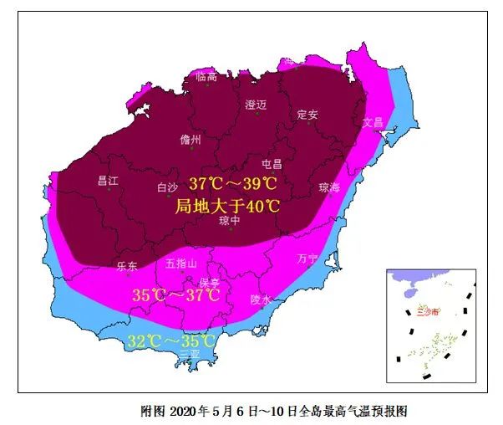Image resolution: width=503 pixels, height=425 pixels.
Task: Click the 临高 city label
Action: pyautogui.click(x=206, y=77)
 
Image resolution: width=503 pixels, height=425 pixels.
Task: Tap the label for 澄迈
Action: pyautogui.click(x=255, y=105)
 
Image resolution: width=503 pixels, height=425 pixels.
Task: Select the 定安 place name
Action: pyautogui.click(x=307, y=115)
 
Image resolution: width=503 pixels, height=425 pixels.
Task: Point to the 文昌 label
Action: pyautogui.click(x=373, y=122)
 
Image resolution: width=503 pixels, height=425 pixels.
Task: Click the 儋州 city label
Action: pyautogui.click(x=191, y=141)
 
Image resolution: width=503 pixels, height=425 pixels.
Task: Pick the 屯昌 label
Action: pyautogui.click(x=272, y=164)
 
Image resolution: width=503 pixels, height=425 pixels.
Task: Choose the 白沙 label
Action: pyautogui.click(x=169, y=187)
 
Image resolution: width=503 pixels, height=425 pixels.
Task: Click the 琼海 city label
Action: pyautogui.click(x=329, y=187)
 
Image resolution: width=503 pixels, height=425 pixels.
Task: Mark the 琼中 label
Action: pyautogui.click(x=230, y=221)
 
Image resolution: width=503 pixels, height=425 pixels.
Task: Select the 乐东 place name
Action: pyautogui.click(x=127, y=265)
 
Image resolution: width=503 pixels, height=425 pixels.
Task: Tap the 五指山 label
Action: pyautogui.click(x=181, y=264)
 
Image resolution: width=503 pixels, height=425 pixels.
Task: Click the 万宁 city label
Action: pyautogui.click(x=307, y=259)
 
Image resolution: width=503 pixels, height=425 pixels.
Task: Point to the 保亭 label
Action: pyautogui.click(x=209, y=283)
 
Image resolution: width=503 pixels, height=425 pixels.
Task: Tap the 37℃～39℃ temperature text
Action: pyautogui.click(x=232, y=183)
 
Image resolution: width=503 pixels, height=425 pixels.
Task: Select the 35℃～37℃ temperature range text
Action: pyautogui.click(x=176, y=295)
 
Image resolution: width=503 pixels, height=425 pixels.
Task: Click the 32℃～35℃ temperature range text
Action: pyautogui.click(x=171, y=341)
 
